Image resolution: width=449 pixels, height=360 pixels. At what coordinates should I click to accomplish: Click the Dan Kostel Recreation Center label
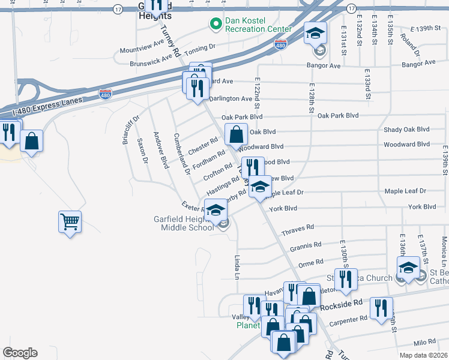point(258,25)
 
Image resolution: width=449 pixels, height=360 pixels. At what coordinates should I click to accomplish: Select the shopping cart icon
point(70,222)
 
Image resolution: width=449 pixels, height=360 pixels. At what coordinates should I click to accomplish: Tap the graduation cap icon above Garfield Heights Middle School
point(215,210)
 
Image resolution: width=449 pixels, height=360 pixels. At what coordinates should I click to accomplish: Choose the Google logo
point(20,353)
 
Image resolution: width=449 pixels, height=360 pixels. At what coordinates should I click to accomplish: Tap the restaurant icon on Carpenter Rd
point(381,308)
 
